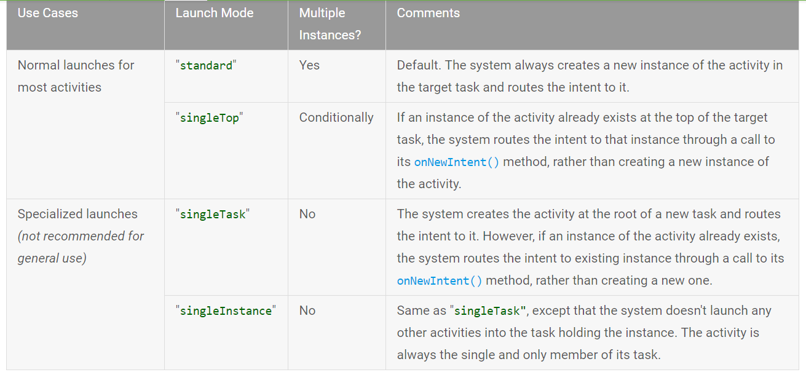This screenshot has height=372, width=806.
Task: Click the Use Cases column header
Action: (48, 13)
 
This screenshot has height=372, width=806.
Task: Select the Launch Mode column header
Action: (215, 13)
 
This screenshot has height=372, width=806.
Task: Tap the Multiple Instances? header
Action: (330, 24)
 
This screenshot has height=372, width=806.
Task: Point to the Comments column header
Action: (428, 13)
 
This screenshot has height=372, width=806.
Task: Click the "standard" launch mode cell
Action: (206, 65)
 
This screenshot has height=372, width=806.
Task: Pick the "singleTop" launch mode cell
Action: (209, 117)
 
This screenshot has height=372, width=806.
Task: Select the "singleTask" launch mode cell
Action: (212, 214)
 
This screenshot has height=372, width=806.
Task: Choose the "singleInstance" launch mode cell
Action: (226, 311)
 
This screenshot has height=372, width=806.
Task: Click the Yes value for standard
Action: (309, 65)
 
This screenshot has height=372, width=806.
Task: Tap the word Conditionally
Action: (336, 117)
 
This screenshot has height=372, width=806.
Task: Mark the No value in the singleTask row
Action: (307, 214)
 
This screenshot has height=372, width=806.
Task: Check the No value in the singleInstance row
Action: (307, 311)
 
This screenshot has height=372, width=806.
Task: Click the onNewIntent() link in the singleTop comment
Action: (456, 162)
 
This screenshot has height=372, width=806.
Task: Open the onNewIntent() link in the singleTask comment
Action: (440, 281)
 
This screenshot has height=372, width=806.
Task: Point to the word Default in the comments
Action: (418, 65)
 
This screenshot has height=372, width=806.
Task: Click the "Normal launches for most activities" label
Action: (76, 76)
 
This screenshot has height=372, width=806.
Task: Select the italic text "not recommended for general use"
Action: (81, 247)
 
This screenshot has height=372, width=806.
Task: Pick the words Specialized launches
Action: (77, 214)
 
